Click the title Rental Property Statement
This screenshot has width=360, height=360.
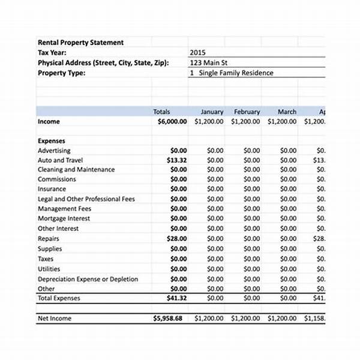[80, 43]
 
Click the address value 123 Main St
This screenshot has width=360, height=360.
[208, 62]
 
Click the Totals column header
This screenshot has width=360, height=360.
[161, 112]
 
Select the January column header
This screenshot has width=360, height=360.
[212, 112]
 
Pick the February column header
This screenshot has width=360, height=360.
[247, 112]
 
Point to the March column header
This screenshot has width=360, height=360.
[287, 112]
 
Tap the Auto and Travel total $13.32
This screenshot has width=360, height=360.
[176, 160]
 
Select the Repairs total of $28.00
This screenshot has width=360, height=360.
[176, 238]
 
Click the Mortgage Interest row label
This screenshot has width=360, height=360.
[64, 218]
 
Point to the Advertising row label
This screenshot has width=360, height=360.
[53, 151]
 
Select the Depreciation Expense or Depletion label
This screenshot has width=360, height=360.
[88, 279]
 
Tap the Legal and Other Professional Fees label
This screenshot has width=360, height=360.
[86, 199]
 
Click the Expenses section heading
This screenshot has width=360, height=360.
[51, 141]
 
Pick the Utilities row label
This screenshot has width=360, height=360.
[49, 269]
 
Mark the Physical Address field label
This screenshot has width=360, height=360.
[103, 62]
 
